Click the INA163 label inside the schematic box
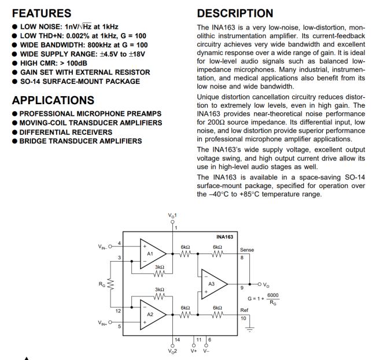tap(225, 237)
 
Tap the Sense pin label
tap(246, 250)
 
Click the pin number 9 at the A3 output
tap(242, 288)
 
